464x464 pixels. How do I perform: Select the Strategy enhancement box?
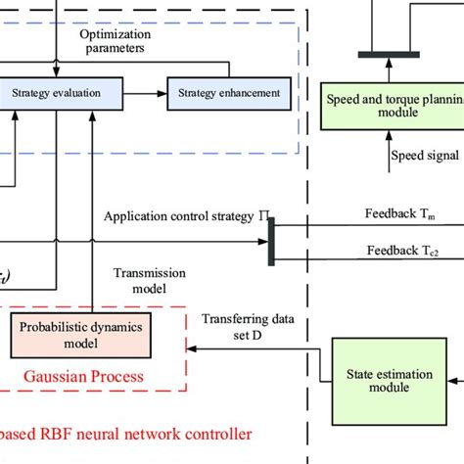coord(230,94)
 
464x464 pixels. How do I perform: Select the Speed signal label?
coord(427,155)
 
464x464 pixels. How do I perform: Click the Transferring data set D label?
coord(241,328)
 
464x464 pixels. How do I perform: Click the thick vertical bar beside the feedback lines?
coord(271,241)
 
